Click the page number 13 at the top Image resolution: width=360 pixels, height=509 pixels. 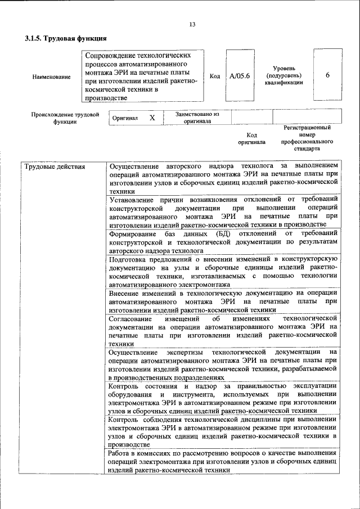tap(192, 24)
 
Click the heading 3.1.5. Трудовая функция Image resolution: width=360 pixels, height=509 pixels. tap(66, 38)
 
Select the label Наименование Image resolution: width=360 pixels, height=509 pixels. tap(52, 76)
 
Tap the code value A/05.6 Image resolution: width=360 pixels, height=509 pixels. tap(240, 76)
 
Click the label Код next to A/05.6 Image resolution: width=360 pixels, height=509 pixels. tap(214, 76)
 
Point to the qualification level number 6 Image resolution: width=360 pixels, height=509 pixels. tap(327, 76)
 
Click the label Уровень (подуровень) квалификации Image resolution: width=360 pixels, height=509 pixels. tap(283, 75)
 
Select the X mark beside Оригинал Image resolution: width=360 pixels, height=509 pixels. tap(152, 118)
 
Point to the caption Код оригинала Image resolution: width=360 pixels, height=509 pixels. tap(252, 138)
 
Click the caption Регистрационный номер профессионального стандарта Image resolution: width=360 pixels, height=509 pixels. tap(307, 138)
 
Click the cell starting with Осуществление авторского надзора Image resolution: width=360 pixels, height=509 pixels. tap(223, 179)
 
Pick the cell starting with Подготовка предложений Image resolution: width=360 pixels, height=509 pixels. tap(223, 272)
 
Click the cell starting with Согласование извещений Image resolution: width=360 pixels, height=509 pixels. tap(223, 331)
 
